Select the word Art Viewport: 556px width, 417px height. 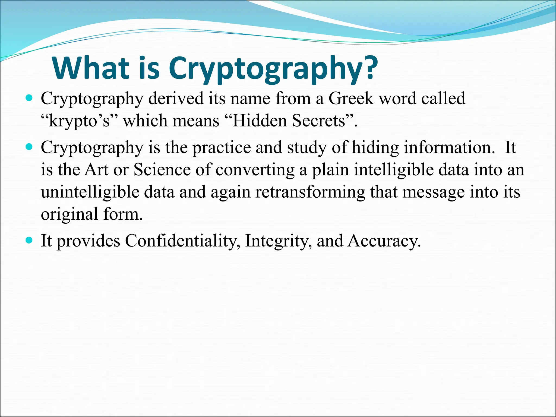[x=96, y=170]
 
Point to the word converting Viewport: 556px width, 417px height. [x=255, y=170]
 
